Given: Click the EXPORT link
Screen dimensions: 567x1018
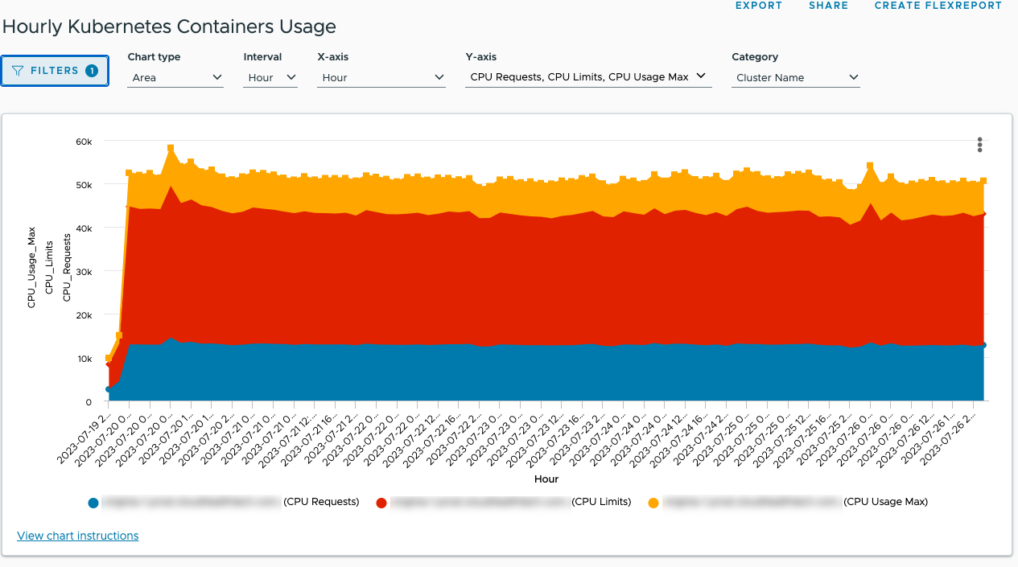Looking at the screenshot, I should [758, 6].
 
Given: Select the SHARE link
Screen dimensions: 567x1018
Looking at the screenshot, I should [828, 6].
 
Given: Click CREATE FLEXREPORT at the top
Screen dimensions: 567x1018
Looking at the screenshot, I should [938, 6].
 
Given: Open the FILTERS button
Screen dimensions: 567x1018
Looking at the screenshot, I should [55, 71].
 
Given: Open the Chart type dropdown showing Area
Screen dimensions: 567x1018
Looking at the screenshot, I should [176, 78].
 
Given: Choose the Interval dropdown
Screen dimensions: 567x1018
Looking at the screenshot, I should [270, 78].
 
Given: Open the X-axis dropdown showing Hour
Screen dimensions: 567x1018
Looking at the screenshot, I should [381, 78].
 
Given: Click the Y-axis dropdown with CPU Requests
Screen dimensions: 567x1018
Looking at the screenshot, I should [587, 77].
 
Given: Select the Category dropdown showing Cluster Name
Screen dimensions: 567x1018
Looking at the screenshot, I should [795, 78].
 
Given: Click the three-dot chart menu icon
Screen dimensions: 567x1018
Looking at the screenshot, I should [979, 145].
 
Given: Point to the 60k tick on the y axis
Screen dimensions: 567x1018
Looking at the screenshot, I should [84, 142].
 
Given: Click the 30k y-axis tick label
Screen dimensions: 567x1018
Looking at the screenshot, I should [84, 272].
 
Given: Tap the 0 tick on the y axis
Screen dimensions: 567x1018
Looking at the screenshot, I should [89, 402].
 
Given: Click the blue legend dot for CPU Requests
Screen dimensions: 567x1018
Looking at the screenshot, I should [93, 503].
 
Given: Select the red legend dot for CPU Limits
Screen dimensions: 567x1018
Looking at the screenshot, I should [381, 503].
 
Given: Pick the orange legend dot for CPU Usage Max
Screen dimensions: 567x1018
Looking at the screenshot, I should [653, 503].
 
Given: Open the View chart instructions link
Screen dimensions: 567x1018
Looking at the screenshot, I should [77, 536].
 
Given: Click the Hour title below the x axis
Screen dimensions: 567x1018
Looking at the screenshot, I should [546, 479].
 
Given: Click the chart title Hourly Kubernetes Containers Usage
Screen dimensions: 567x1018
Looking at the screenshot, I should [169, 27].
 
